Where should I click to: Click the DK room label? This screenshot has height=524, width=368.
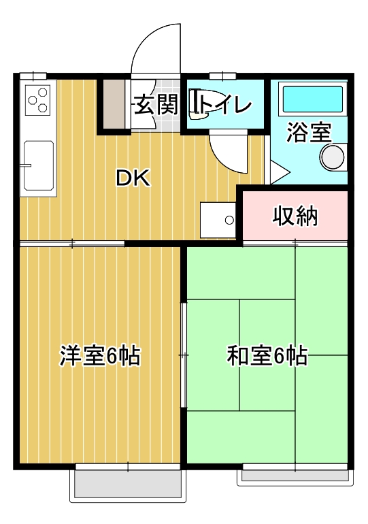(133, 178)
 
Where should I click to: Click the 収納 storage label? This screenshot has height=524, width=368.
(296, 216)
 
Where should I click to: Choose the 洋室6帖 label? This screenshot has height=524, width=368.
(100, 355)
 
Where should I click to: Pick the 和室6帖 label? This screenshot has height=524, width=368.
(267, 355)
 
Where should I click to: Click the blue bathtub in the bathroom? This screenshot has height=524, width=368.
(312, 100)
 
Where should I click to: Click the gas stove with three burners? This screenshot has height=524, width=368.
(37, 100)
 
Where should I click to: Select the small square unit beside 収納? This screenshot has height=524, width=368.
(218, 219)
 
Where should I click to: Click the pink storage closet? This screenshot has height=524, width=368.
(296, 216)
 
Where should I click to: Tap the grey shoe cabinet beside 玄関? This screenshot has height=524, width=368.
(114, 103)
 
